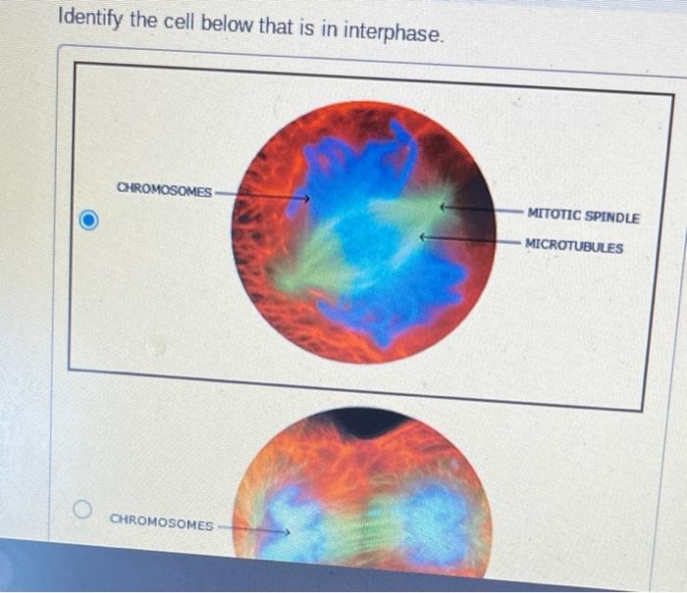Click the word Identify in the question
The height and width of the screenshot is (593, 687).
pyautogui.click(x=89, y=19)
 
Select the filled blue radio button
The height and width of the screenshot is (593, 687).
pyautogui.click(x=88, y=222)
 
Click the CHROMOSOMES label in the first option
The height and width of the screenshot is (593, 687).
pyautogui.click(x=164, y=190)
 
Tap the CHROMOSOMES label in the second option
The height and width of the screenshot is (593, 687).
pyautogui.click(x=161, y=524)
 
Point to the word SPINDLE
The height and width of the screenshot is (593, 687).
pyautogui.click(x=612, y=218)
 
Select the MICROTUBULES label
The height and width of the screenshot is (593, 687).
pyautogui.click(x=573, y=246)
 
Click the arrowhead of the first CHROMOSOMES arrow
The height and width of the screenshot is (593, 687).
pyautogui.click(x=306, y=199)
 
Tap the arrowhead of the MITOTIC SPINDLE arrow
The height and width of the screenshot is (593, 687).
pyautogui.click(x=443, y=208)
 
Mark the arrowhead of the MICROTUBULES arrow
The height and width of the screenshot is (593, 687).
pyautogui.click(x=423, y=236)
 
